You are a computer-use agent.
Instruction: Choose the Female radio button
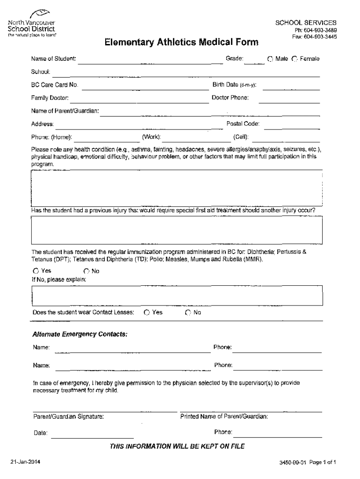pos(295,59)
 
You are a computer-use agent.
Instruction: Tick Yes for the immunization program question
pos(36,271)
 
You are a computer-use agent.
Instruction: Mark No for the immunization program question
pos(86,271)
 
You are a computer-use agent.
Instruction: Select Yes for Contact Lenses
pos(147,312)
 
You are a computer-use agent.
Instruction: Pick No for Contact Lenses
pos(188,312)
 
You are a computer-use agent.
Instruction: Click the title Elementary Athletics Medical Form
pos(181,43)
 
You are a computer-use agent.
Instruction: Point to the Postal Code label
pos(243,124)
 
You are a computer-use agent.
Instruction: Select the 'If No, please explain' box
pos(176,295)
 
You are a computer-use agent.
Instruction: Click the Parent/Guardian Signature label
pos(68,416)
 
